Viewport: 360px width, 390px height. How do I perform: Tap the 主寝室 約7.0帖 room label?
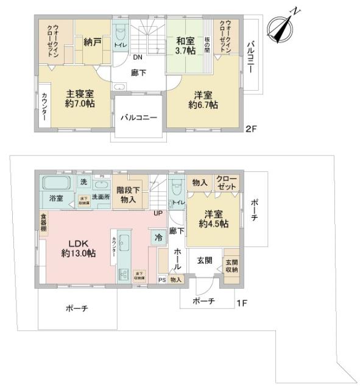coord(80,99)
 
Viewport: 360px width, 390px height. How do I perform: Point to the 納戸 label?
coord(93,44)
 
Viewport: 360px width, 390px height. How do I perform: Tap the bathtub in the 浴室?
coord(56,182)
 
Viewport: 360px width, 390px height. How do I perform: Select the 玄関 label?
coord(204,261)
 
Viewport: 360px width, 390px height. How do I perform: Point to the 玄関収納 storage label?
coord(231,266)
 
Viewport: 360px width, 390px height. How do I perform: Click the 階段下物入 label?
coord(129,193)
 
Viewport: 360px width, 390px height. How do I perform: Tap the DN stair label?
coord(138,58)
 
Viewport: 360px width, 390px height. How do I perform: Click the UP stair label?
coord(158,213)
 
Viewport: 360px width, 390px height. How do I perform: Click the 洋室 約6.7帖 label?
coord(203,100)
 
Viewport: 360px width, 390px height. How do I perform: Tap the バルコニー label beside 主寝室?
coord(138,118)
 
